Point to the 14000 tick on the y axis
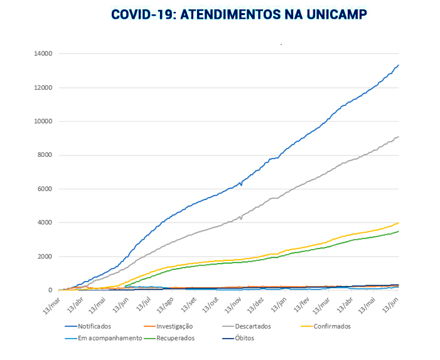pos(43,54)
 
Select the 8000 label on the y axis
pos(45,156)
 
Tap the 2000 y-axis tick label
pos(45,257)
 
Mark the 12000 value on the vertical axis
pos(43,88)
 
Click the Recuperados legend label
pos(173,338)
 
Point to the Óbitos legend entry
pos(241,338)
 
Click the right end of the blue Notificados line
pos(399,65)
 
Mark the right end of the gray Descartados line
pos(399,136)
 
